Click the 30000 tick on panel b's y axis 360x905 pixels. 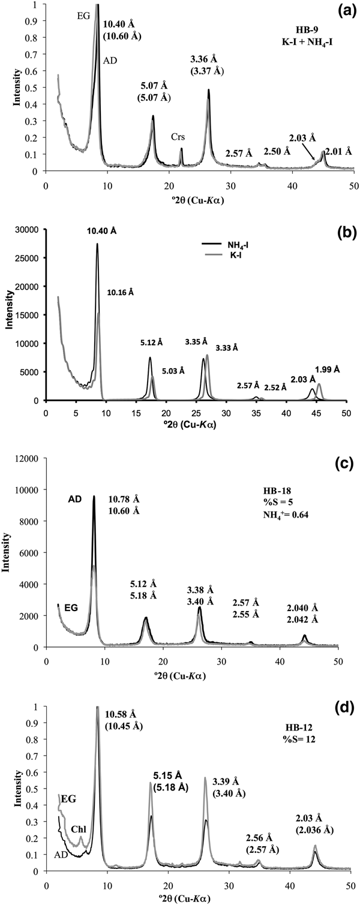click(x=28, y=230)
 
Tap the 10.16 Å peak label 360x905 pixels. click(x=121, y=293)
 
